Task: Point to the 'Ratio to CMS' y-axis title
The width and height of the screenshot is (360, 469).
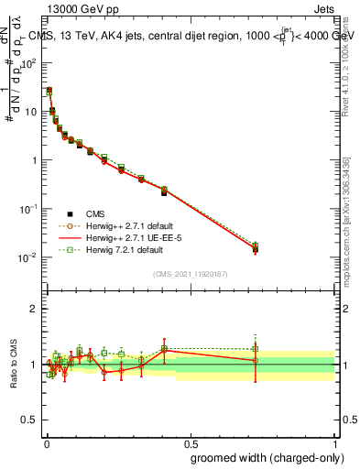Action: pyautogui.click(x=14, y=364)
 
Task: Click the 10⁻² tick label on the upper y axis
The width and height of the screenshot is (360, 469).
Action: pyautogui.click(x=28, y=257)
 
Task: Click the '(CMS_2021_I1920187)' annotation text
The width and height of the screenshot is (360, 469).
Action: pyautogui.click(x=190, y=275)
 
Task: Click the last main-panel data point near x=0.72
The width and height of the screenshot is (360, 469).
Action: pyautogui.click(x=255, y=247)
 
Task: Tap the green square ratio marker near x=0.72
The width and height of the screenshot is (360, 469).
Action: pyautogui.click(x=255, y=348)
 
